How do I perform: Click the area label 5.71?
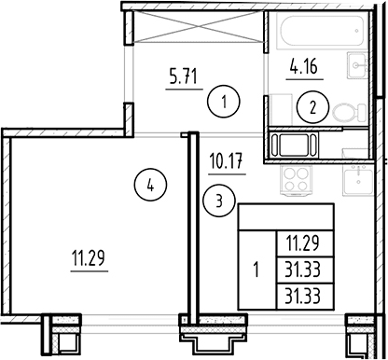point(184,76)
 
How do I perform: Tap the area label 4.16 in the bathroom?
point(304,66)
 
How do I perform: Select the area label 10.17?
point(227,161)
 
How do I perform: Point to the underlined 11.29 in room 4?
point(89,258)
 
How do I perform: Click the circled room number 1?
point(224,102)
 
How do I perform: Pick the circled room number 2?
point(312,107)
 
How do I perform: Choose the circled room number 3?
point(219,201)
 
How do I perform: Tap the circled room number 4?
point(150,186)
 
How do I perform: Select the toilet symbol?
point(350,113)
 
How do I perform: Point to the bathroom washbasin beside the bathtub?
point(357,65)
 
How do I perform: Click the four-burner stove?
point(296,180)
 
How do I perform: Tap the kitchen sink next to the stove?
point(357,180)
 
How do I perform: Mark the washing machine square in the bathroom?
point(281,110)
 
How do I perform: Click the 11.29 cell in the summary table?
point(305,244)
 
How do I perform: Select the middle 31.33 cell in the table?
point(305,270)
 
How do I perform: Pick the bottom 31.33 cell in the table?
point(305,297)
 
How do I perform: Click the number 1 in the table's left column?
point(256,270)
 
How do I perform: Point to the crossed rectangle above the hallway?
point(198,26)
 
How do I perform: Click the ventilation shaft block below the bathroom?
point(294,145)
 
